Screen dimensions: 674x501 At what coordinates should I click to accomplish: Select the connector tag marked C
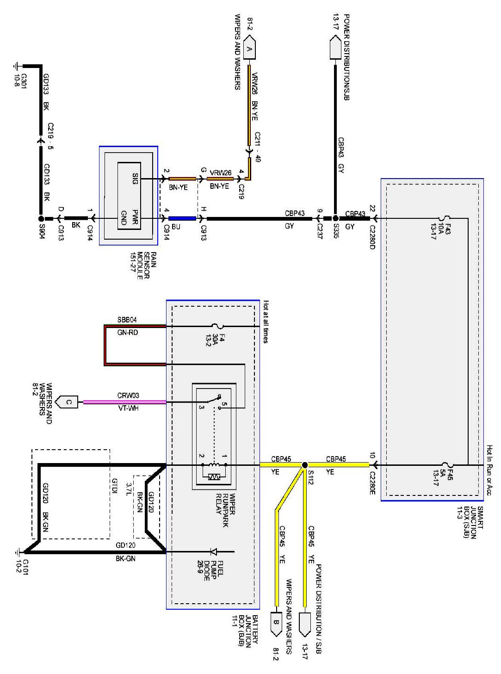pyautogui.click(x=69, y=402)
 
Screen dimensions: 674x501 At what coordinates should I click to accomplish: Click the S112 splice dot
pyautogui.click(x=304, y=465)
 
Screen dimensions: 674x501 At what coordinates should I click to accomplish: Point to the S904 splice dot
pyautogui.click(x=41, y=218)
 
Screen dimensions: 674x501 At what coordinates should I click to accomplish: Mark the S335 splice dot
pyautogui.click(x=336, y=218)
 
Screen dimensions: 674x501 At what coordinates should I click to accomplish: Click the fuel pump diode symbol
pyautogui.click(x=214, y=551)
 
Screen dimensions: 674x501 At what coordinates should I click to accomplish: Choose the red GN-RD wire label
pyautogui.click(x=128, y=333)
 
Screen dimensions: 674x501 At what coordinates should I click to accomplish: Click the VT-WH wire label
pyautogui.click(x=128, y=408)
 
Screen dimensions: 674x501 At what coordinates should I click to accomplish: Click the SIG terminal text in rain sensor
pyautogui.click(x=135, y=179)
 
